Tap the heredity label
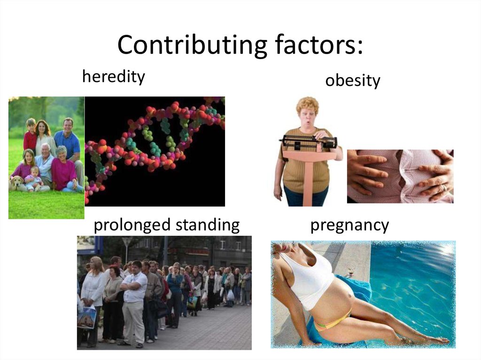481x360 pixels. tap(113, 77)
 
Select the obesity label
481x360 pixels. tap(352, 81)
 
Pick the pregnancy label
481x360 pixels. tap(349, 225)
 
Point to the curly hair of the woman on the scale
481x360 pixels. tap(307, 104)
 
